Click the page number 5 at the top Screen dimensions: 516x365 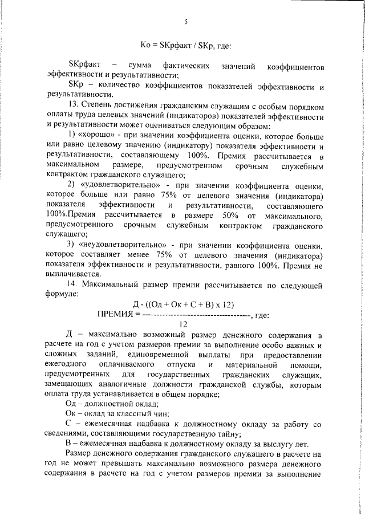click(186, 22)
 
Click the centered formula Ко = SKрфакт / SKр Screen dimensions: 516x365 click(185, 44)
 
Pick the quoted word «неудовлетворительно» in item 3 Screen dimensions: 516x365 click(123, 245)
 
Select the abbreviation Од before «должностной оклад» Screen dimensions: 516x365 click(72, 404)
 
